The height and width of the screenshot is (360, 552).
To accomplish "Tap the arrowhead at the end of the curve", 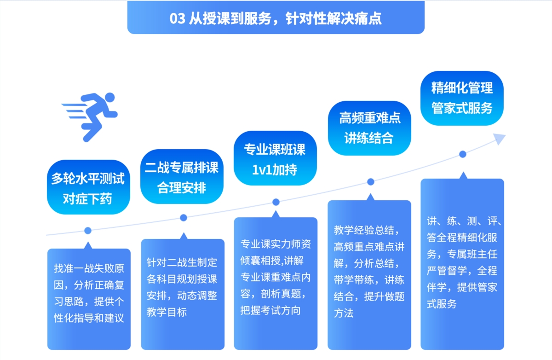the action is pos(499,139).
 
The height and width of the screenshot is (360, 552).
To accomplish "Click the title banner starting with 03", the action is pos(276,17).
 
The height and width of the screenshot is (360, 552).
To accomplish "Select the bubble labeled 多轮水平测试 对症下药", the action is pos(88,187).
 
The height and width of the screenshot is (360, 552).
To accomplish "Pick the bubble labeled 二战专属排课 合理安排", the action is pos(182,177).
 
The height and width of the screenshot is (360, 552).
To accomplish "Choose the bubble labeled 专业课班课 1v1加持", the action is pos(275,158).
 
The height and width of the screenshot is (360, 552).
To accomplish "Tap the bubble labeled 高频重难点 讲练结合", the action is pos(369,128).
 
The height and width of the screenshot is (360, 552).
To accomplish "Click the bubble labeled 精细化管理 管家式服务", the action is pos(462,98).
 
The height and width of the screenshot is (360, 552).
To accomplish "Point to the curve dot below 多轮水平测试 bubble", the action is pos(88,231).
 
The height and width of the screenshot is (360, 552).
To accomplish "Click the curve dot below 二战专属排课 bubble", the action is pos(184,218).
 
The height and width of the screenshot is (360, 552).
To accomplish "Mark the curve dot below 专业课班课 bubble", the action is pos(276,202).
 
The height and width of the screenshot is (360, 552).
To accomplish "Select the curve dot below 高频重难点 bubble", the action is pos(371,182).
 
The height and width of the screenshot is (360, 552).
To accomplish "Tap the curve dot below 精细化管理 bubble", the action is pos(463,154).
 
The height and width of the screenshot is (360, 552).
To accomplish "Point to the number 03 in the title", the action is pos(178,18).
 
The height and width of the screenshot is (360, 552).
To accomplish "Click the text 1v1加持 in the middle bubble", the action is pos(275,170).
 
